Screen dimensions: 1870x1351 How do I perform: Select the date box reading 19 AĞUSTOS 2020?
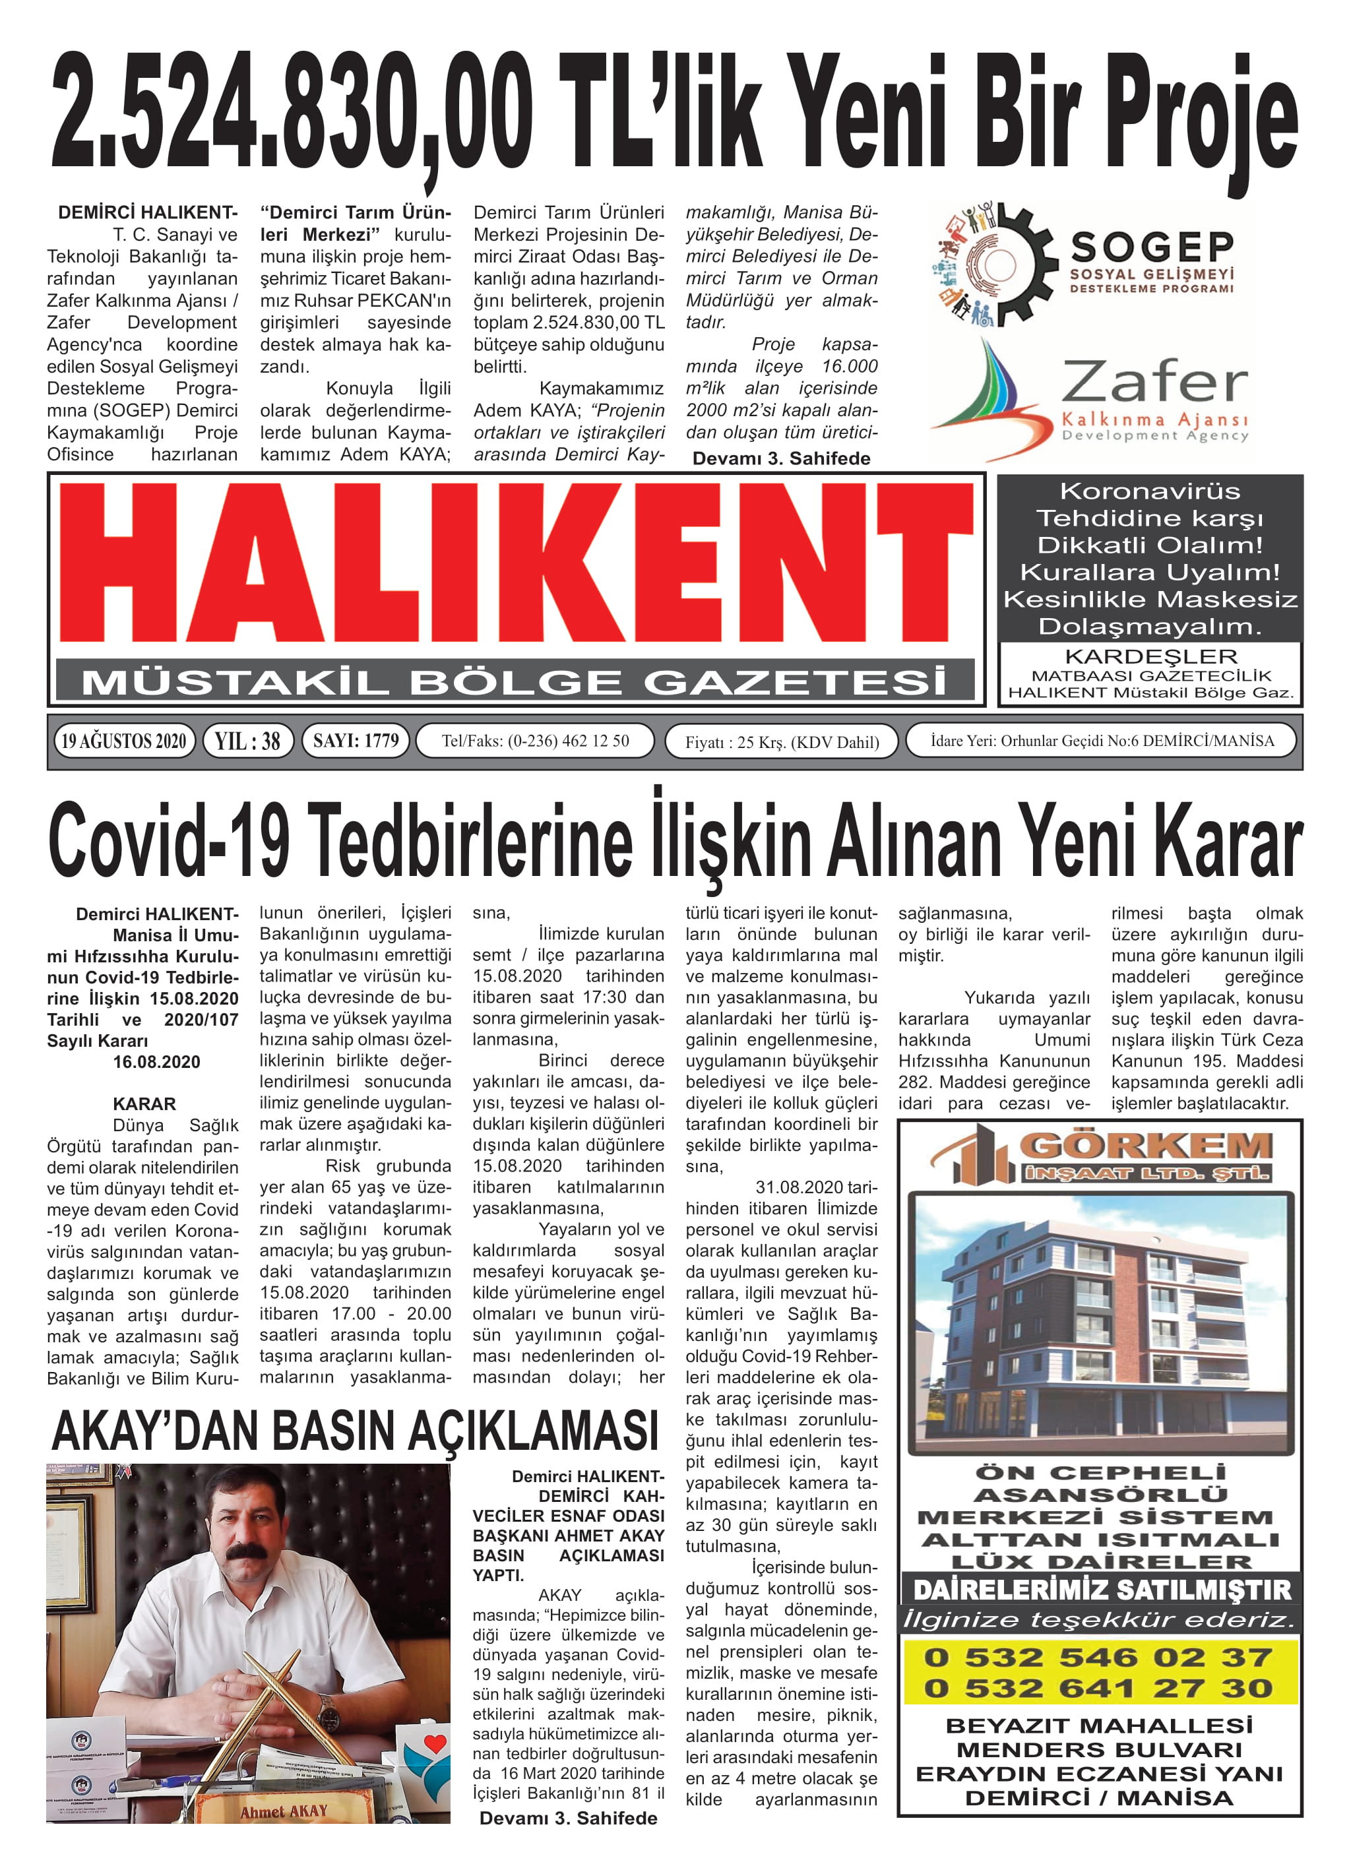[124, 740]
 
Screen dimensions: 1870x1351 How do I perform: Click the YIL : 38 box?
[247, 740]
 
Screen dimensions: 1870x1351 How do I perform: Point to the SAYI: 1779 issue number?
[356, 740]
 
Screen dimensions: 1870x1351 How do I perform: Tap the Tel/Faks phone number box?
[534, 740]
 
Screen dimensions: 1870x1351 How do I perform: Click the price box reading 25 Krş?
[781, 742]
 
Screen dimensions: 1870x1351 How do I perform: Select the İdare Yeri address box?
[1101, 740]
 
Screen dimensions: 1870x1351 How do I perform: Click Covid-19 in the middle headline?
[169, 841]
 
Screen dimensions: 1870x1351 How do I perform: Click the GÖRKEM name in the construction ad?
[1146, 1145]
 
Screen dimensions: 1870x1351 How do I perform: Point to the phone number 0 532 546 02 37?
[1098, 1657]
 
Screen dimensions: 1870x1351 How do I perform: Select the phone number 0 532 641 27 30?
[1098, 1688]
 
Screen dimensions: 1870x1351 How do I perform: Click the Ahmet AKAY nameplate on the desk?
[284, 1811]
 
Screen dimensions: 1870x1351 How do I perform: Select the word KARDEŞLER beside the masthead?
[1150, 656]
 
